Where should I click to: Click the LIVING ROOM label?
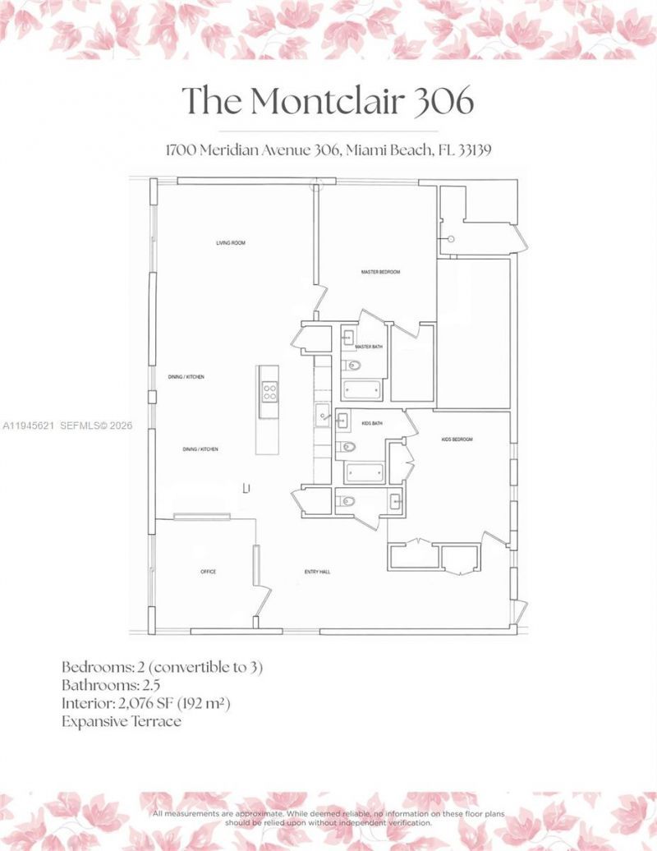(x=231, y=243)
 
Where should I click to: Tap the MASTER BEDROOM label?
(x=380, y=272)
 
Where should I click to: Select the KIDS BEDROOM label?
(x=457, y=439)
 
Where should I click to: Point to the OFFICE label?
(x=208, y=572)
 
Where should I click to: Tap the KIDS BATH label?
(x=372, y=423)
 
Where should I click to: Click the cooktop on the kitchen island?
(x=269, y=392)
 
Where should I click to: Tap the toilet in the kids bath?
(x=346, y=448)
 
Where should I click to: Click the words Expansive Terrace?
(x=121, y=721)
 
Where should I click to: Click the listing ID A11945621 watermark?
(x=30, y=425)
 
